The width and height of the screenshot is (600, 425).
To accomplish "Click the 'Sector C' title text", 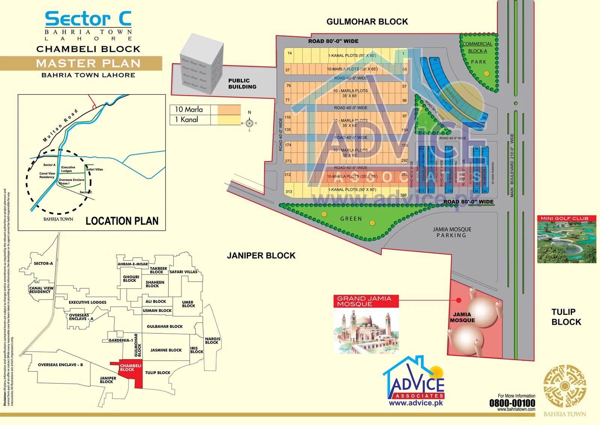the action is pos(88,19).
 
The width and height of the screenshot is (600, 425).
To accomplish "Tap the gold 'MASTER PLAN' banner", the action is pos(88,63).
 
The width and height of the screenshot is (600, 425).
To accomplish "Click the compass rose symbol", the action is pos(249,123).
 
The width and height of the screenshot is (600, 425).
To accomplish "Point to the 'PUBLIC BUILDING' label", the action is pos(242,83).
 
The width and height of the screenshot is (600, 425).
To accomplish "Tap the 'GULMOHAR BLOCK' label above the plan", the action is pos(367,22).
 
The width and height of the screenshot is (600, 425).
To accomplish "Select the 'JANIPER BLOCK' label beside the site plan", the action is pos(261,256).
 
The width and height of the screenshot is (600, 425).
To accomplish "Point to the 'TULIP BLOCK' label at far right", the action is pos(566,317).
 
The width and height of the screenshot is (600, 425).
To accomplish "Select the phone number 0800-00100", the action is pos(512,403).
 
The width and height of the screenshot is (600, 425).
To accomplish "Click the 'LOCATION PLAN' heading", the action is pos(122,221).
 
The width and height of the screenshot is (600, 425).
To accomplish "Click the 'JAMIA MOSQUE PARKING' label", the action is pos(452,232).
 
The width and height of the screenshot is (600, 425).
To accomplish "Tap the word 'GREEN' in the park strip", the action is pos(351,219).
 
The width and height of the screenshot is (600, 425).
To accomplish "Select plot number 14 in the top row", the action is pos(289,53).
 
